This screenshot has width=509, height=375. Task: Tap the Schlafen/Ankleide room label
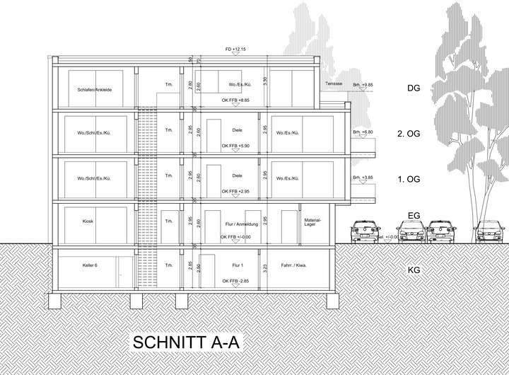click(90, 90)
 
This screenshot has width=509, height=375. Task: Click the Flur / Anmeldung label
click(236, 225)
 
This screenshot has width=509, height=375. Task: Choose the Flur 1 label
click(237, 265)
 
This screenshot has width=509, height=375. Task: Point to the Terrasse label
click(334, 84)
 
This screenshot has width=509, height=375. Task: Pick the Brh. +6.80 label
click(362, 132)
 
